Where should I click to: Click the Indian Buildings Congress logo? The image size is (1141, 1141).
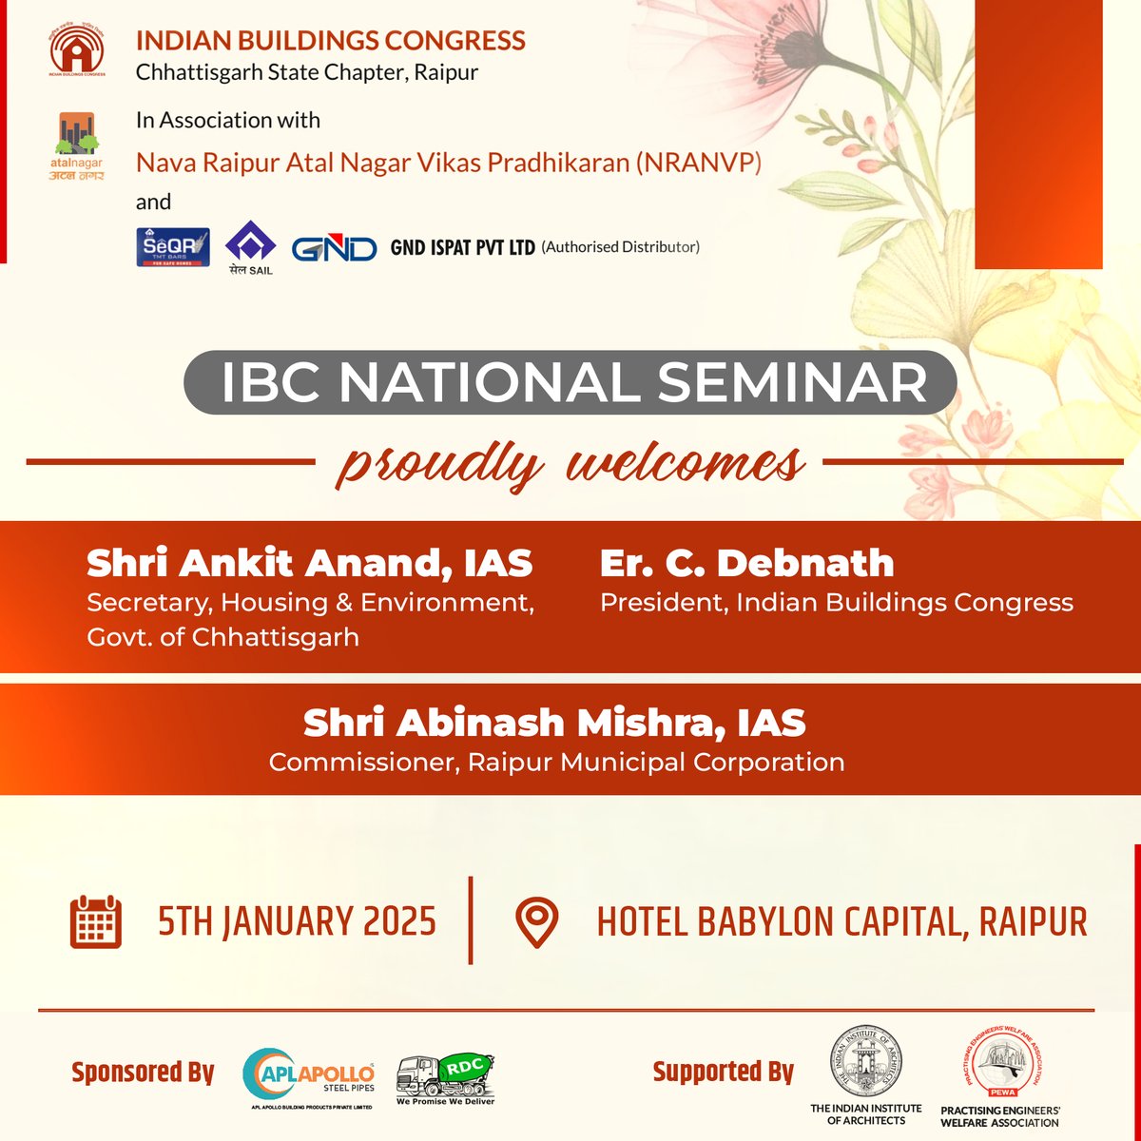point(77,51)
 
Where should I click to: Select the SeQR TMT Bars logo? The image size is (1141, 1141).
point(173,247)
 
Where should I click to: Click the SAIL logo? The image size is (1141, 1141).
point(250,249)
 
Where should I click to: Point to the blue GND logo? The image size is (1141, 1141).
point(334,249)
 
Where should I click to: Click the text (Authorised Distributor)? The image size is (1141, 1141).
point(621,247)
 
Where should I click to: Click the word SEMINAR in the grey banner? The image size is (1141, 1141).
point(791,382)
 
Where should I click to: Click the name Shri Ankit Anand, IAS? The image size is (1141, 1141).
point(309,564)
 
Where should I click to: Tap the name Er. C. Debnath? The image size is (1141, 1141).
point(746,564)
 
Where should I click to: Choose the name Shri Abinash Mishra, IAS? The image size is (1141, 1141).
point(554,724)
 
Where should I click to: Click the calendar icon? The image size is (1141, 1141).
point(96,921)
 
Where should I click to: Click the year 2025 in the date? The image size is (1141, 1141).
point(398,922)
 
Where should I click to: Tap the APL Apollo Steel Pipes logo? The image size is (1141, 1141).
point(310,1077)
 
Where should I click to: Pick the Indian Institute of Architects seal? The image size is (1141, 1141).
point(865,1062)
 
